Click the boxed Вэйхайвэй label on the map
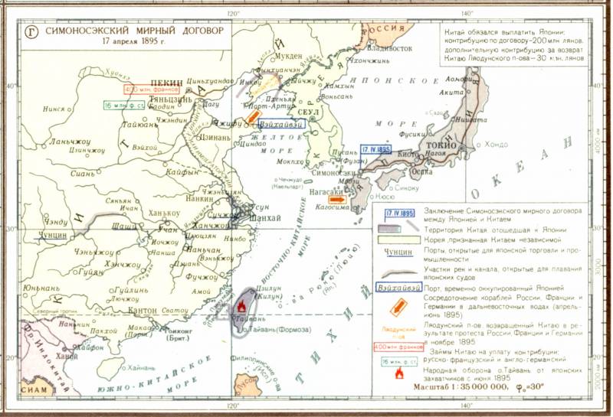click(283, 122)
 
